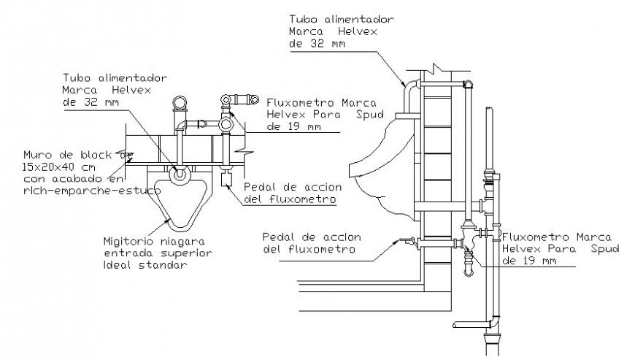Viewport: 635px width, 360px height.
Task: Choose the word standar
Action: click(165, 264)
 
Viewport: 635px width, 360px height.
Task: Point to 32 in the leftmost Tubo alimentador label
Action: click(85, 102)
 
